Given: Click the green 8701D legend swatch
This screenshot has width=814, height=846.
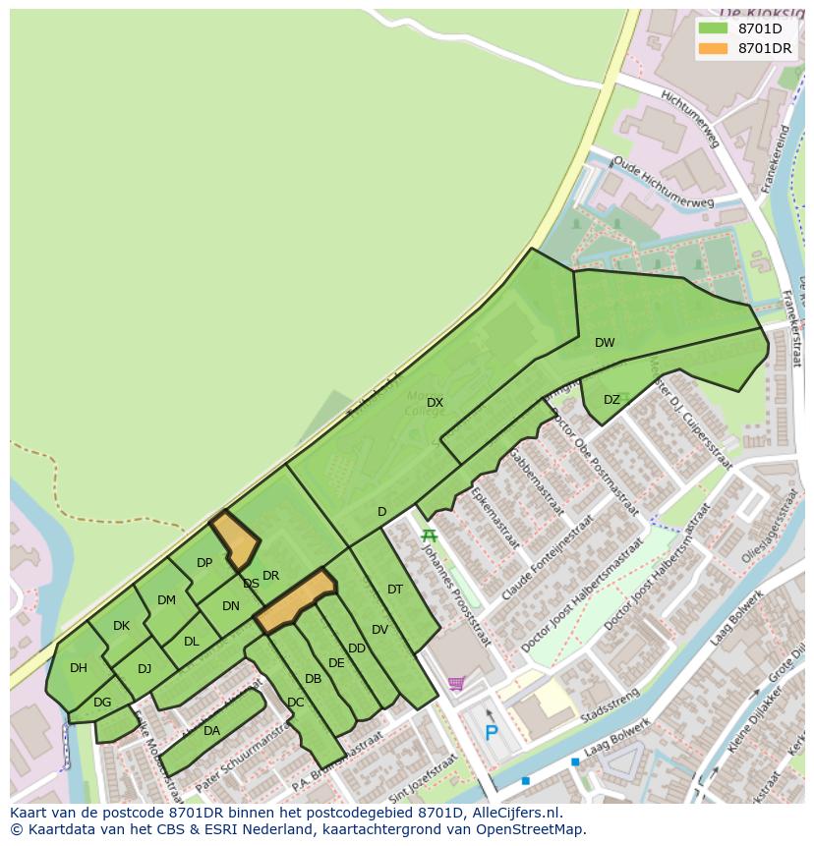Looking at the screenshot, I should (713, 28).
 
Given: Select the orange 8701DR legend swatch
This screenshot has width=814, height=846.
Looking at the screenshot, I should (713, 48).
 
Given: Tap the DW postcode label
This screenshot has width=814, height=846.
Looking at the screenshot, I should (605, 343).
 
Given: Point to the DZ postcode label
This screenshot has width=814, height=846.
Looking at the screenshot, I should (611, 400).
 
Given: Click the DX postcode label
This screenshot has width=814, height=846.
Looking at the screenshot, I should (435, 403).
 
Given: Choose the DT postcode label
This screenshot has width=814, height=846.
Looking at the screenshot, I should (395, 590).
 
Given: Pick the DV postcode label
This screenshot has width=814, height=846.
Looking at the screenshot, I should (380, 630).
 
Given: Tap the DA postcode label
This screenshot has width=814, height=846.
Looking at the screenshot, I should (211, 731).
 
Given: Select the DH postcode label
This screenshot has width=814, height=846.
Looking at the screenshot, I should (79, 668).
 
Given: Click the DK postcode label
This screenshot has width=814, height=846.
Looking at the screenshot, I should (121, 626).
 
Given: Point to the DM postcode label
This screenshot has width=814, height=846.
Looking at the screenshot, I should (166, 600).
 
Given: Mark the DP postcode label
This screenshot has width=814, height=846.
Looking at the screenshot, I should (204, 563).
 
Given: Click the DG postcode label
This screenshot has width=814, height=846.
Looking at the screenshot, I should (102, 703).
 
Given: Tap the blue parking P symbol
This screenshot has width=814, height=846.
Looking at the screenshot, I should (491, 733).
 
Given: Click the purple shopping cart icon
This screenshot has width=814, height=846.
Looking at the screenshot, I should (456, 684).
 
